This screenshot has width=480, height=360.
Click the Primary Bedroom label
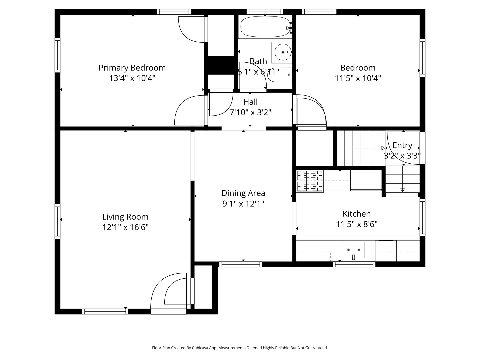point(132,68)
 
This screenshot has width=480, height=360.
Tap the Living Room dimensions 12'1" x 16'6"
point(125,227)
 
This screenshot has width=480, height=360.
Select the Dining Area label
point(243,193)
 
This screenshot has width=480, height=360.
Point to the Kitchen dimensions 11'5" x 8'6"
point(357,224)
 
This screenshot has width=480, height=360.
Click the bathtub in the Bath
point(265,27)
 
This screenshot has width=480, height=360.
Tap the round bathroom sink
point(283,52)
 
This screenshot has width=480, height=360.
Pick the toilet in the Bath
point(280,75)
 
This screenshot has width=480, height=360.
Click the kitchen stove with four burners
point(310,181)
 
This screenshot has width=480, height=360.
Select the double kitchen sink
point(353,250)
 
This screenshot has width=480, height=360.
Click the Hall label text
point(250,102)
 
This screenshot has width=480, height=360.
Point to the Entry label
point(402,145)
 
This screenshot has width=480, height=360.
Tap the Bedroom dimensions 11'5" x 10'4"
point(358,78)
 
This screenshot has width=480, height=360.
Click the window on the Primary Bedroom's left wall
point(57,55)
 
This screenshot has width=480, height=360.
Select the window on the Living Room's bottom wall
point(105,311)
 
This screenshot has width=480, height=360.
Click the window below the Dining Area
point(241,264)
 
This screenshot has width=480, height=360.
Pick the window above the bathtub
point(265,12)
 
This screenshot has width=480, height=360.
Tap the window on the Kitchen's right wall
point(422,218)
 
